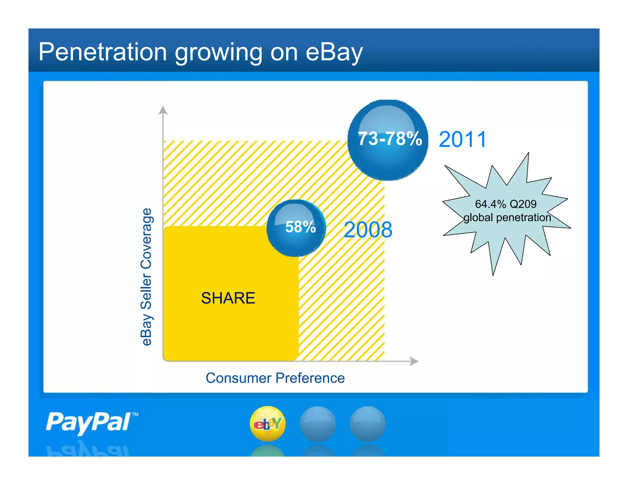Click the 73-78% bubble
(x=388, y=140)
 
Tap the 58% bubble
(x=296, y=228)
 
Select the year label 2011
(x=462, y=140)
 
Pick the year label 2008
(x=368, y=230)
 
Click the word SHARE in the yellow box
(x=228, y=298)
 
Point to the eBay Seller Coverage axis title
(x=146, y=277)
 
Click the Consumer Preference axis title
(x=275, y=378)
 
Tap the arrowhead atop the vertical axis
(x=163, y=110)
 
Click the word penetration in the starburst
(x=523, y=218)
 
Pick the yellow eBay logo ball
(x=268, y=424)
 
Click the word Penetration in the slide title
(x=102, y=52)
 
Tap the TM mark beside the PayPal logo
(x=135, y=414)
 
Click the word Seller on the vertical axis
(x=146, y=292)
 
